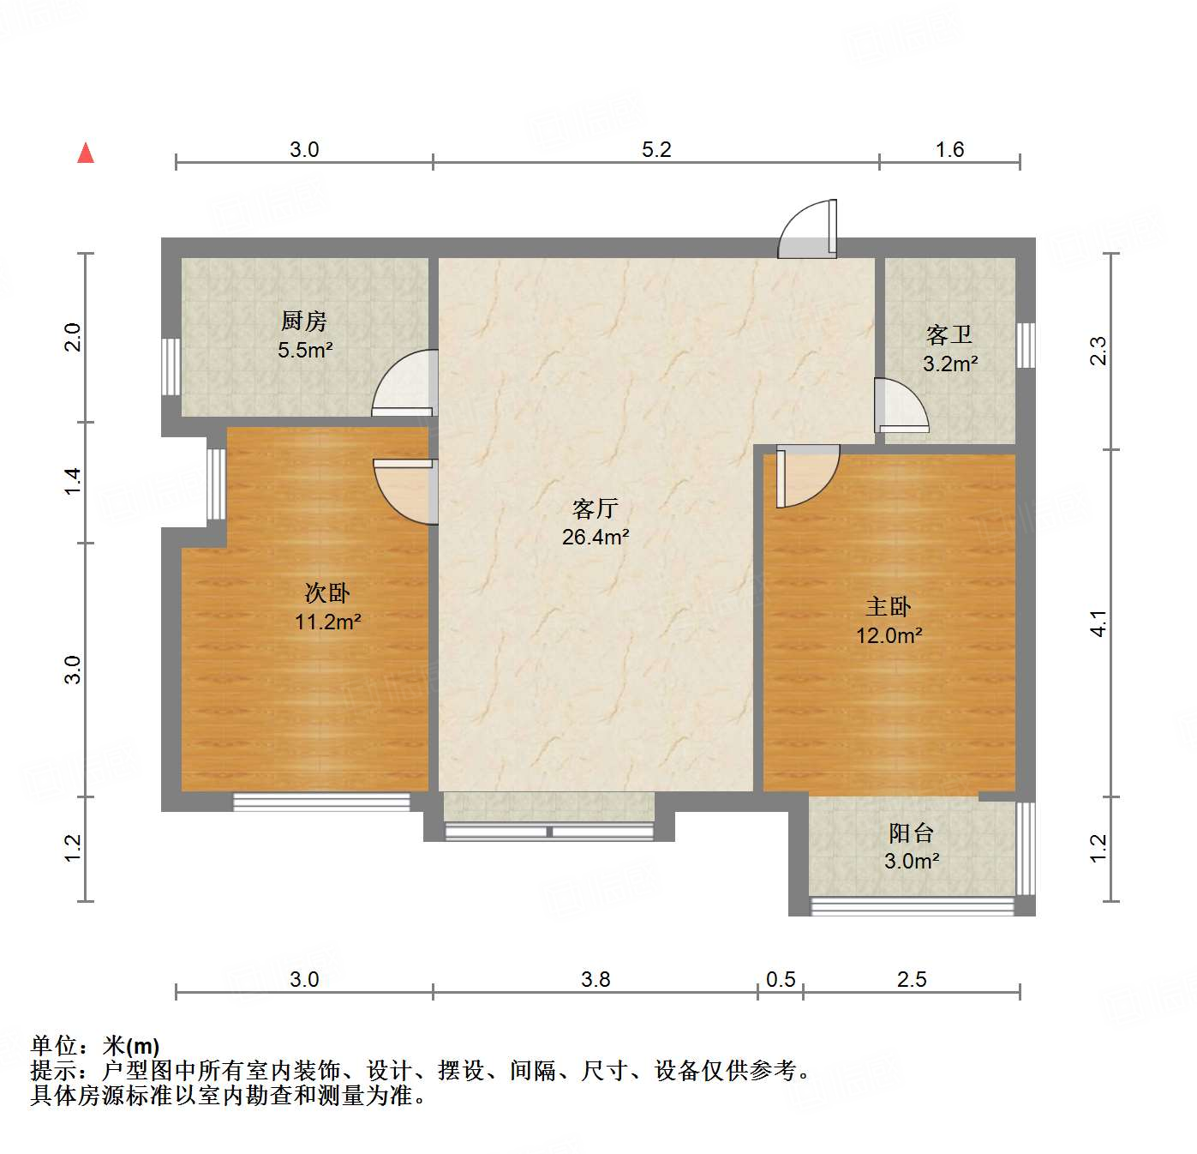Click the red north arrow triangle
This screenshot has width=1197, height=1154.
pos(86,153)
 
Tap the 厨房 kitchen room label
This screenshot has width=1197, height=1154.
pos(304,322)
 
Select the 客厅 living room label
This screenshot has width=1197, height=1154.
pos(596,509)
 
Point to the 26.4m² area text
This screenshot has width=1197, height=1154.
pos(596,538)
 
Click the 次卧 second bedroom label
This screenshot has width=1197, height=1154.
pos(327,593)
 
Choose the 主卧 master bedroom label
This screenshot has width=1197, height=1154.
pos(889,607)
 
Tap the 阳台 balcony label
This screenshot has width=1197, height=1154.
pos(911,832)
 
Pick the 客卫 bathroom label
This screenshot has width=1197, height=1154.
pos(949,334)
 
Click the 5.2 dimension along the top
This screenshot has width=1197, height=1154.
pos(656,149)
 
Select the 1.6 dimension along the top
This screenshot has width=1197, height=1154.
pos(949,149)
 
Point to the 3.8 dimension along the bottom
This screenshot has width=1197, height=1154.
pos(596,979)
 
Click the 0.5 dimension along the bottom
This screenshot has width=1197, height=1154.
pos(781,979)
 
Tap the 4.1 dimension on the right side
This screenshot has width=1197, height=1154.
pos(1098,623)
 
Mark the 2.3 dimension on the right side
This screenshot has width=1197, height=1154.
pos(1098,351)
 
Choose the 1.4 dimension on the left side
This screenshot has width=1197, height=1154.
pos(73,480)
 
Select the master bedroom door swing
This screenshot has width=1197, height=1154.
pos(805,477)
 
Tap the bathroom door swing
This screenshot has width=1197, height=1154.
pos(900,405)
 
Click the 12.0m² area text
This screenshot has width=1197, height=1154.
pos(889,635)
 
